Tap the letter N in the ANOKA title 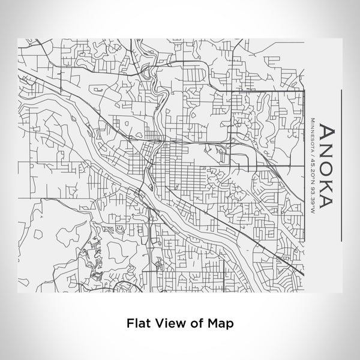point(327,149)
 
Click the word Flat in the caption point(137,323)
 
